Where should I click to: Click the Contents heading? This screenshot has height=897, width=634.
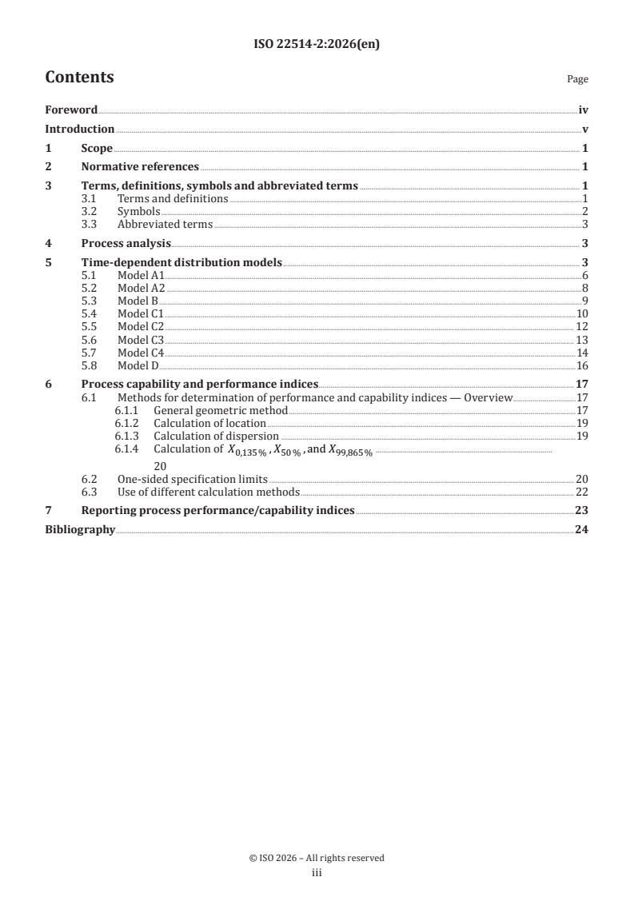pos(79,78)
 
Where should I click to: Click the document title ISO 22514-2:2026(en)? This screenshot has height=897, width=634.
pos(317,45)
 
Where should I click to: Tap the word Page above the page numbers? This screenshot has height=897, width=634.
pos(577,80)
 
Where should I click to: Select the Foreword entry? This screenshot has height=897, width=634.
pos(71,110)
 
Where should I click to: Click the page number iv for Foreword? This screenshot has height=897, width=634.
pos(584,110)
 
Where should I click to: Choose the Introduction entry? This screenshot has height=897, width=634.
pos(79,130)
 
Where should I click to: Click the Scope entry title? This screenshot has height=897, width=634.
pos(97,149)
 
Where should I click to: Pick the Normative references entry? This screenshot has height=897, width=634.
pos(140,167)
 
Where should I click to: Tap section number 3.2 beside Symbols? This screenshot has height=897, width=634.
pos(90,212)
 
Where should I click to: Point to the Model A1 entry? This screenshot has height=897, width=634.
pos(141,276)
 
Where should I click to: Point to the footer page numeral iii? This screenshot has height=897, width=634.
pos(317,874)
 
